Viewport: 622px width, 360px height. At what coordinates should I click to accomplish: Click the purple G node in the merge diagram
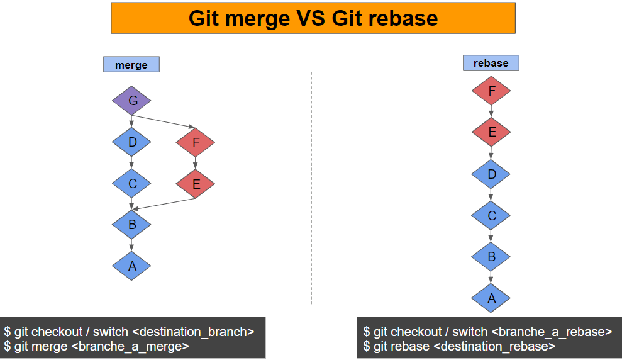(131, 101)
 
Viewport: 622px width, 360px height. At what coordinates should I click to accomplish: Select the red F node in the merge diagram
(196, 143)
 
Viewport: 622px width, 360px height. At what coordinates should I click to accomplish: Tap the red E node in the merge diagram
(196, 184)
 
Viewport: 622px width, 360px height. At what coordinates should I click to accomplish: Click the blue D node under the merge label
(131, 142)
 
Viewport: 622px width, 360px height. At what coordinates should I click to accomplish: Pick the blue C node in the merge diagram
(131, 184)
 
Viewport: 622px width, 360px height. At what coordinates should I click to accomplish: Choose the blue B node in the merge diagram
(131, 224)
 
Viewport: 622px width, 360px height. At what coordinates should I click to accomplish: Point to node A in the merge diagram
(131, 266)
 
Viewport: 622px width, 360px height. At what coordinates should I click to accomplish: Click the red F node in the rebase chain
(491, 91)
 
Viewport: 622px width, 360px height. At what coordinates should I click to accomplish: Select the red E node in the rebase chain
(491, 132)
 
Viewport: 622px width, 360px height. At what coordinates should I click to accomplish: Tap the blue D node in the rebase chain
(491, 174)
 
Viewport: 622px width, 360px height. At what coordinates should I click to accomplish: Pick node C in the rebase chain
(491, 215)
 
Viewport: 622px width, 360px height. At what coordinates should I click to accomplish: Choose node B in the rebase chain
(491, 256)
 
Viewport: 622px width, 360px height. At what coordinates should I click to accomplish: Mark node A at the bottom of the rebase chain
(491, 298)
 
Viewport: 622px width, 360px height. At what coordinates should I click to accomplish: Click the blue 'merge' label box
(131, 65)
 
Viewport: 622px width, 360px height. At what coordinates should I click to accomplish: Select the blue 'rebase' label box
(491, 63)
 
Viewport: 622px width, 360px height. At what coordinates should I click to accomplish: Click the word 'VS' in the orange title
(311, 18)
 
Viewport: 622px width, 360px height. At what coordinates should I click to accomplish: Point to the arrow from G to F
(164, 122)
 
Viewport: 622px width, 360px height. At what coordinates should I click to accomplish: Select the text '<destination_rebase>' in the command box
(494, 346)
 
